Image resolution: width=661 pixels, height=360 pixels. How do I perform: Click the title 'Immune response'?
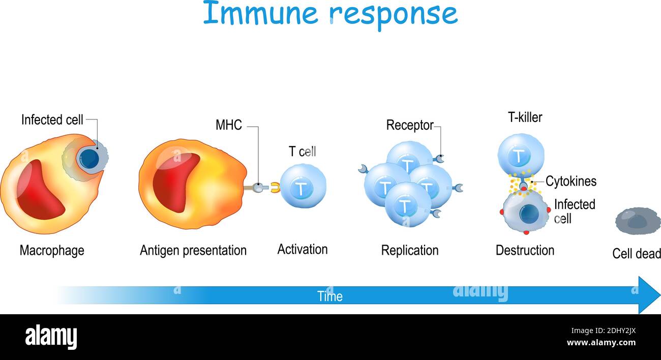[330, 14]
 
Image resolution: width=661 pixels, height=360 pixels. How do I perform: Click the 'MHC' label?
[228, 125]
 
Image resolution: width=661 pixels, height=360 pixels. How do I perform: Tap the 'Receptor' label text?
[409, 125]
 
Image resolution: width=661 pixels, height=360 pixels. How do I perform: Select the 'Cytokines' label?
[570, 181]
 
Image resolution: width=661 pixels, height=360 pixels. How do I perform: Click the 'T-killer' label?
[525, 117]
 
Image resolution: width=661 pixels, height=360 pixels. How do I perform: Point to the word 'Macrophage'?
[52, 251]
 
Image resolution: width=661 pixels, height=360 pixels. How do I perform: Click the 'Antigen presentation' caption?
[193, 251]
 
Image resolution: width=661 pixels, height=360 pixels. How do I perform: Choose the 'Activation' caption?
[302, 250]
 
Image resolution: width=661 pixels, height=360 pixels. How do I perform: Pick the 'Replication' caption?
[409, 251]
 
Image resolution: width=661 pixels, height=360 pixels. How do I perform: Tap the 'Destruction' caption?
[525, 251]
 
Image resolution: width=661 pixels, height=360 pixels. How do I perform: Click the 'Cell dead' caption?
[636, 254]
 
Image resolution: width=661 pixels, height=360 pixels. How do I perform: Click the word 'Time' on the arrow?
[329, 296]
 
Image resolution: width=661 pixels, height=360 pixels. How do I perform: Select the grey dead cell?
[638, 221]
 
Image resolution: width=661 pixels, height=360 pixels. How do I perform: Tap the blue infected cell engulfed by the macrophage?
[89, 159]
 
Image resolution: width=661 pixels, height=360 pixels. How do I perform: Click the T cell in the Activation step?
[303, 187]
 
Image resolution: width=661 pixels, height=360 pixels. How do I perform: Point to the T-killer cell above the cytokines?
[520, 155]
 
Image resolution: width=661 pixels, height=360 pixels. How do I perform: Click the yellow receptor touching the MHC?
[275, 188]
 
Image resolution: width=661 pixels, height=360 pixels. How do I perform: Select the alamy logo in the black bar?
[51, 337]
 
